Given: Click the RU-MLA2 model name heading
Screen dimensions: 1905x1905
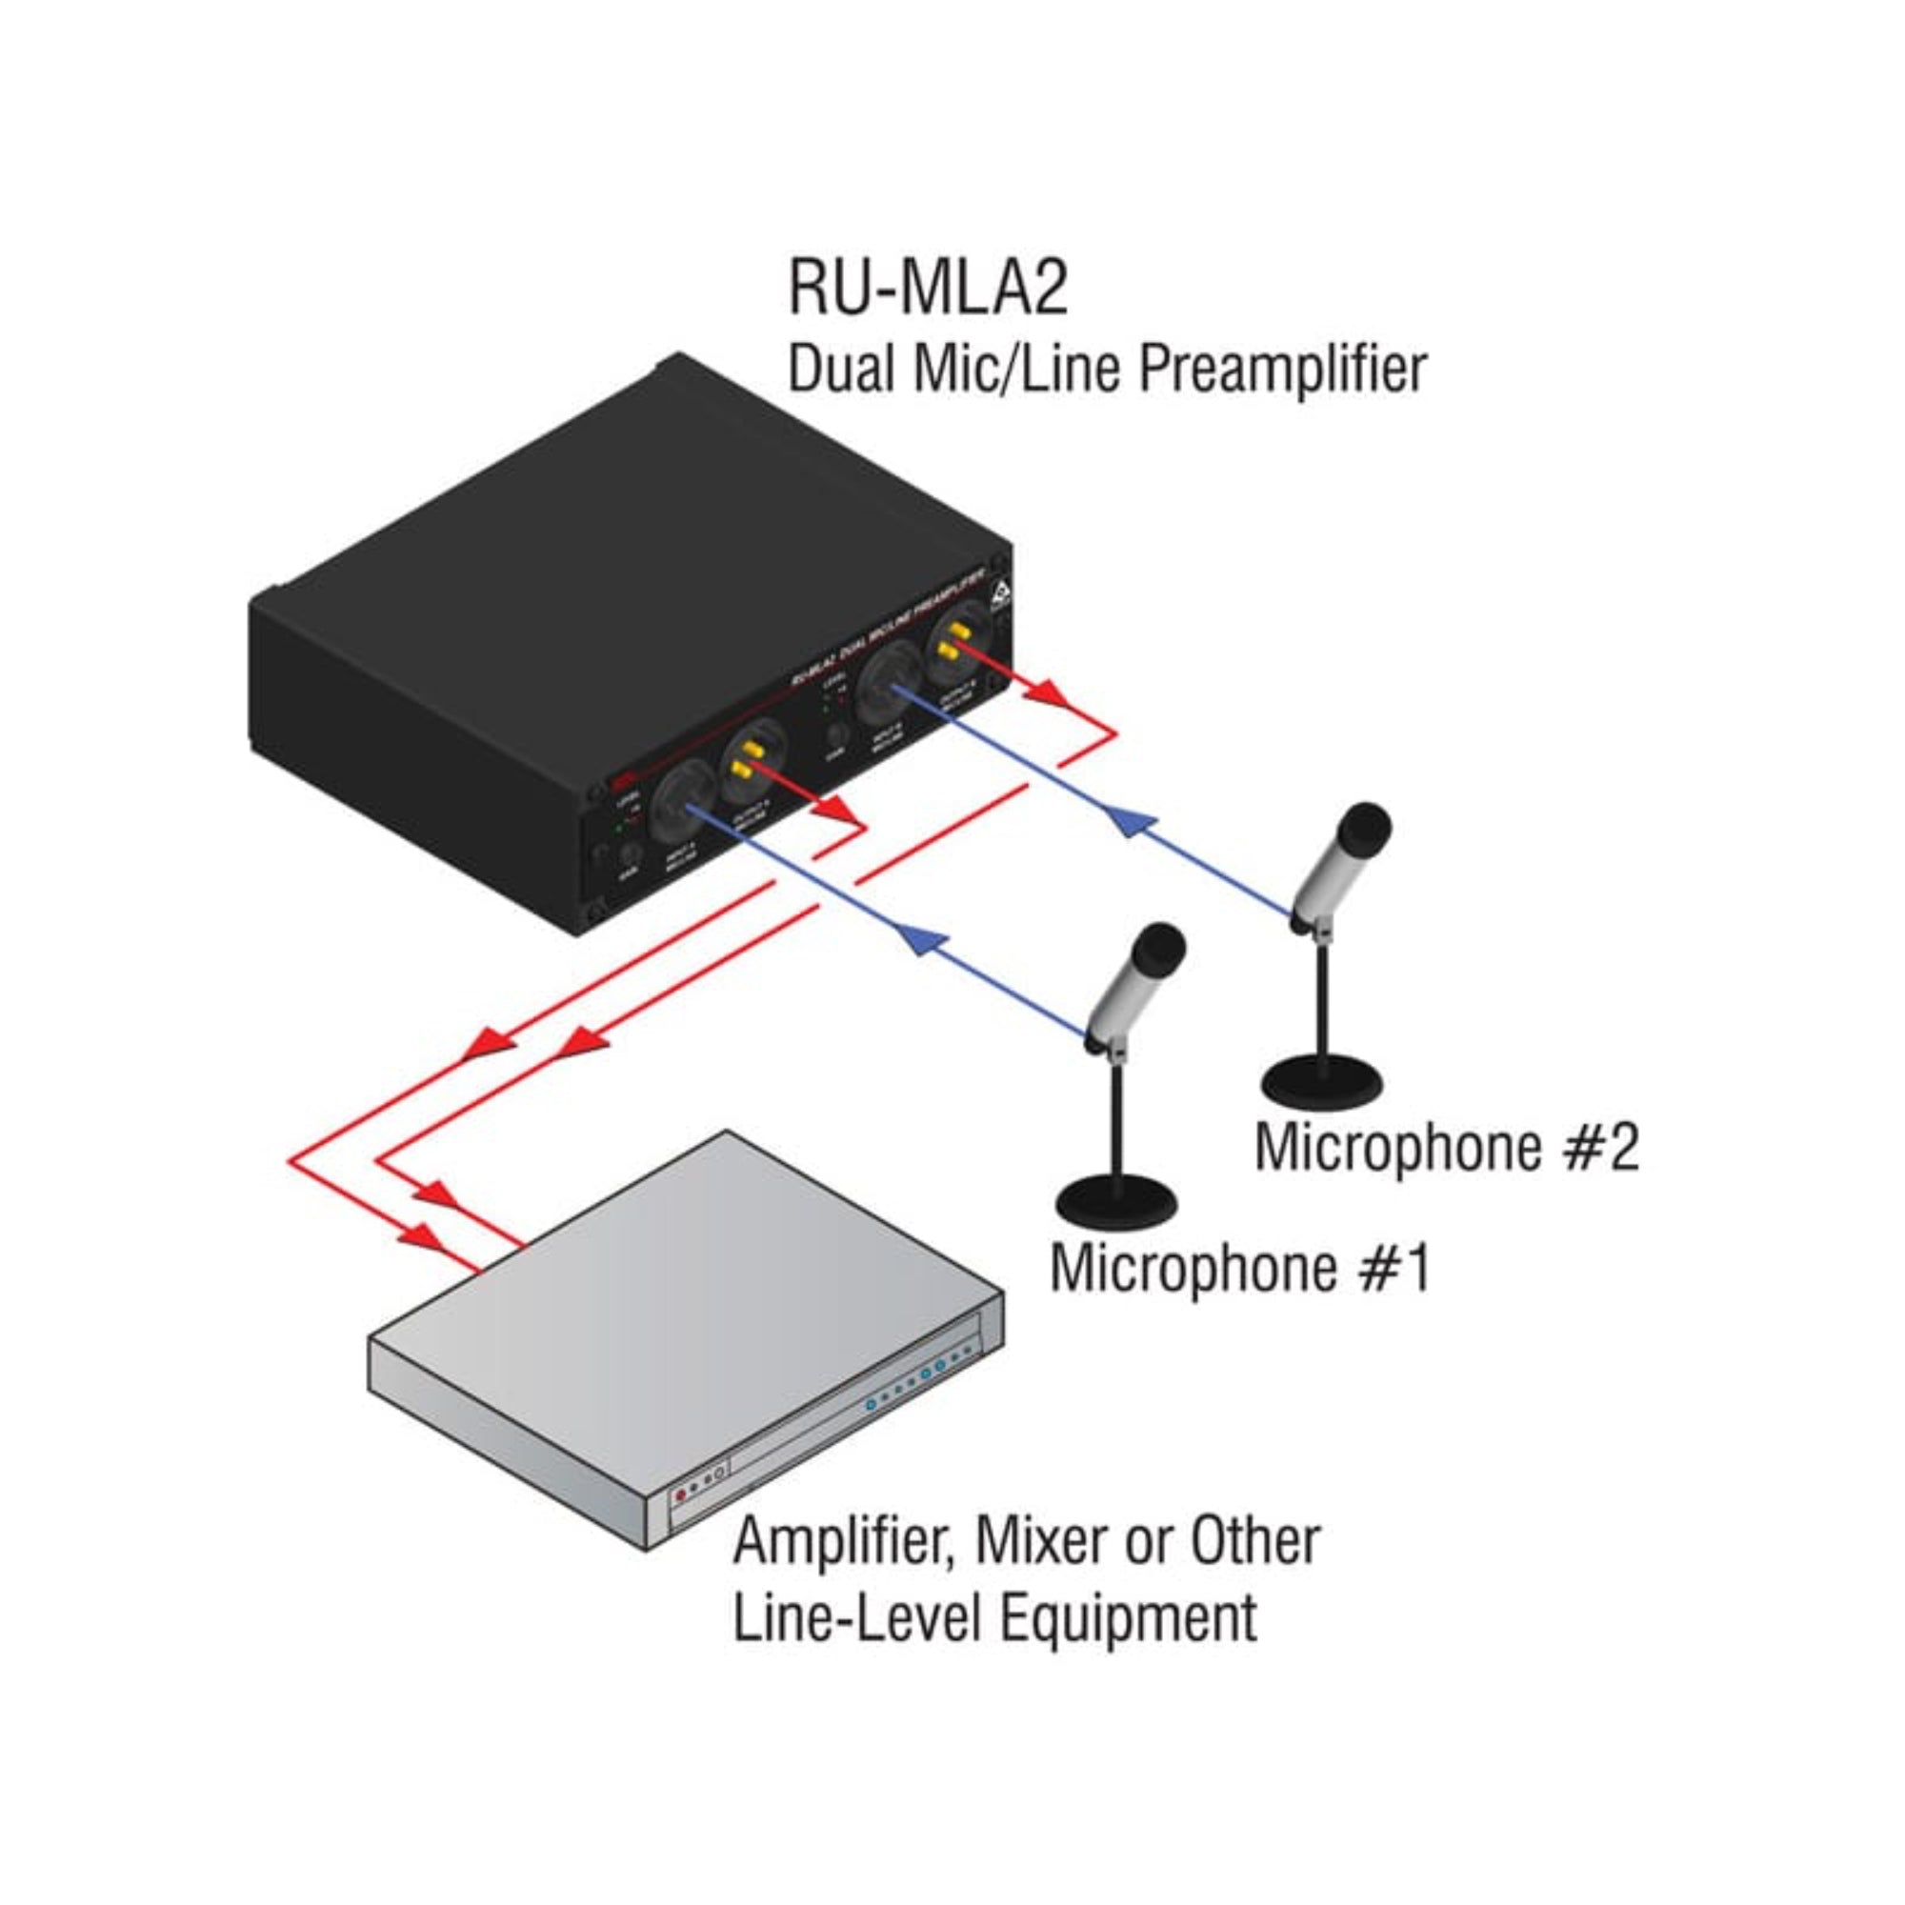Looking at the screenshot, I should point(927,288).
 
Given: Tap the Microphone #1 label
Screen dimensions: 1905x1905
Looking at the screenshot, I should point(1239,1268).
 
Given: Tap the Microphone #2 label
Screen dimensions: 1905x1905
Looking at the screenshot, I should point(1447,1148).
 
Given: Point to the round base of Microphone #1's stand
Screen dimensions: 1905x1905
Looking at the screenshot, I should point(1116,1201).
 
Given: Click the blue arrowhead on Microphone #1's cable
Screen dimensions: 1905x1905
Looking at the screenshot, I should point(915,944).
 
